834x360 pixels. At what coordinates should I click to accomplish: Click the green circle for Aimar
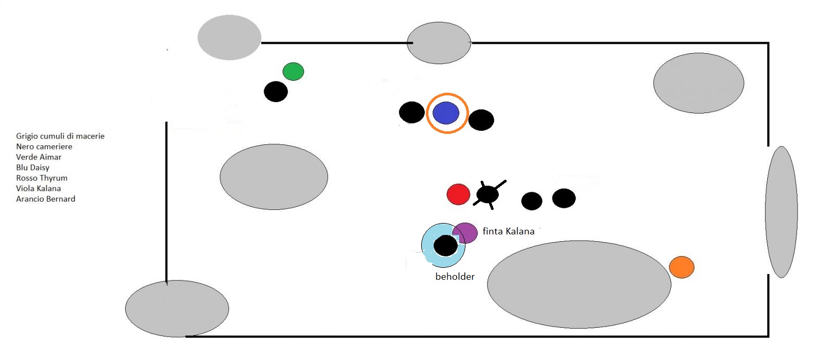pyautogui.click(x=293, y=71)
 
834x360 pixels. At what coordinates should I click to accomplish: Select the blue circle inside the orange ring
pyautogui.click(x=446, y=113)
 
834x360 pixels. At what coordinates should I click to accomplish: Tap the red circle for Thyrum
pyautogui.click(x=458, y=194)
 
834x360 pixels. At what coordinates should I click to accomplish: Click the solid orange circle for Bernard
pyautogui.click(x=681, y=267)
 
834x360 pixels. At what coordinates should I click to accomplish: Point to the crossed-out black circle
pyautogui.click(x=487, y=195)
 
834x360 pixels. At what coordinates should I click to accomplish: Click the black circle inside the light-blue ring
pyautogui.click(x=445, y=245)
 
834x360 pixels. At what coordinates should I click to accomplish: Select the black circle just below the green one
pyautogui.click(x=276, y=92)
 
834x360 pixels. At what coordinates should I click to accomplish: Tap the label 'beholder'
pyautogui.click(x=455, y=277)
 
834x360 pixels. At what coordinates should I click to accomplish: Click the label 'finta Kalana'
pyautogui.click(x=508, y=231)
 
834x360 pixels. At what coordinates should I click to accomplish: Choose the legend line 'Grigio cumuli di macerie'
pyautogui.click(x=60, y=136)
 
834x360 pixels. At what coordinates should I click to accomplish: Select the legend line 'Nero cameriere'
pyautogui.click(x=44, y=146)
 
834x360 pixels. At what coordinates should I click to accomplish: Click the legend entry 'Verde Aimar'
pyautogui.click(x=39, y=157)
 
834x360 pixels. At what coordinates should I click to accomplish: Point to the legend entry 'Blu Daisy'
pyautogui.click(x=32, y=167)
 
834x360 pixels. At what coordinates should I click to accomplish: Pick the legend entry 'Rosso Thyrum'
pyautogui.click(x=42, y=178)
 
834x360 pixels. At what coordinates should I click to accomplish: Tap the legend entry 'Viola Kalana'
pyautogui.click(x=38, y=188)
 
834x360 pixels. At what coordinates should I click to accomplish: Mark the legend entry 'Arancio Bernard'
pyautogui.click(x=45, y=198)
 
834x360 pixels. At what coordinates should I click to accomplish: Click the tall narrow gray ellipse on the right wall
pyautogui.click(x=781, y=212)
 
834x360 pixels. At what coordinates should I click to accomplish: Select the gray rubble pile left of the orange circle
pyautogui.click(x=579, y=284)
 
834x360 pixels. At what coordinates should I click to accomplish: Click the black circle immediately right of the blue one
pyautogui.click(x=481, y=120)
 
